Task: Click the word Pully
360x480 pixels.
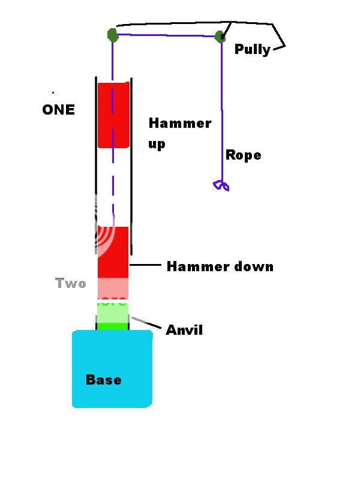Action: point(252,49)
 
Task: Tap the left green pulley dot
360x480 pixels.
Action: point(112,35)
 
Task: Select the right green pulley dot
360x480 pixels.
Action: point(220,37)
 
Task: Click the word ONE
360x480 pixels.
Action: point(59,110)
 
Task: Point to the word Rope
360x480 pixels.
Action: point(243,155)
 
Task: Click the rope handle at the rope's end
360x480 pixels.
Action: point(221,185)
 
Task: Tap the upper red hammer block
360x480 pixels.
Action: point(113,115)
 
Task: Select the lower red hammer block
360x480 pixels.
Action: point(113,252)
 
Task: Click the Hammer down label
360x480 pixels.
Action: point(220,266)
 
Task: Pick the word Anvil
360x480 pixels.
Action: point(184,329)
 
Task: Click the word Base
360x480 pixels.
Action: point(103,380)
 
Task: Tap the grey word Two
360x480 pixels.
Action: point(71,283)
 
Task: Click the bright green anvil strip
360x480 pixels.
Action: point(113,326)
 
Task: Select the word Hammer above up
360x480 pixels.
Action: point(179,124)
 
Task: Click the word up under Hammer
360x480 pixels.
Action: point(157,144)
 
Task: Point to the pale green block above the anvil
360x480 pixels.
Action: point(113,313)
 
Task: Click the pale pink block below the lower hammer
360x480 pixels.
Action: point(113,289)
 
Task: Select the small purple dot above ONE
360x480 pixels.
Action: point(53,92)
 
